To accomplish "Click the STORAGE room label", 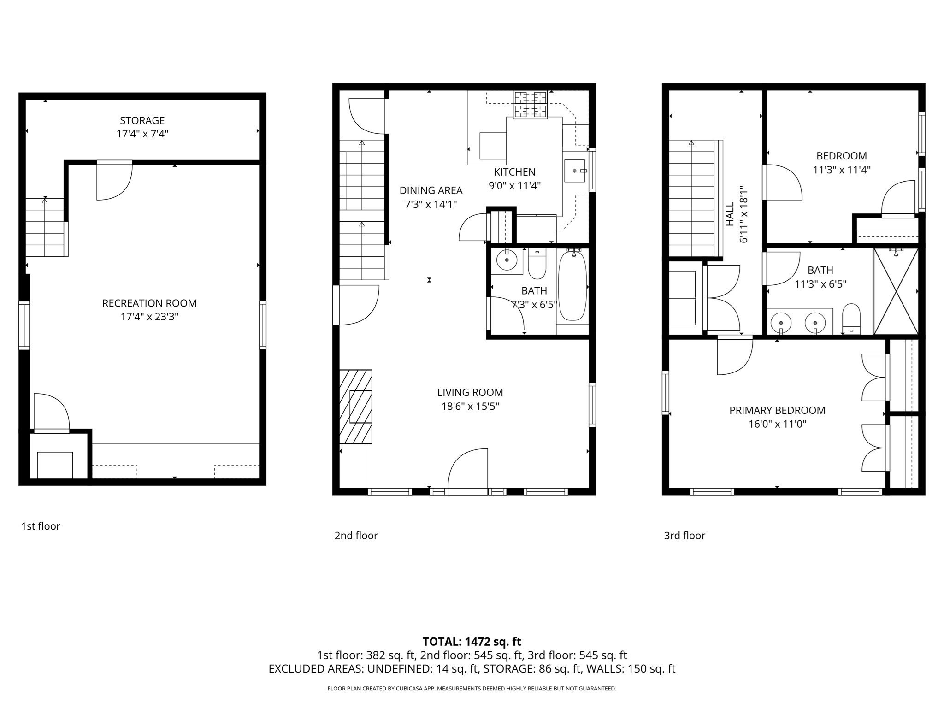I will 142,121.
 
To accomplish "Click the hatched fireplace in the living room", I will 356,407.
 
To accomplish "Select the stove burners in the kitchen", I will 531,105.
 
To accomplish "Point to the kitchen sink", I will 575,171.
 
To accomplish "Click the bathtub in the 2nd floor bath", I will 572,286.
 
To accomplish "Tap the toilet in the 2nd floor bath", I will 537,265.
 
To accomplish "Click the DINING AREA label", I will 431,190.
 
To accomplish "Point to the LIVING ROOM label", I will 470,392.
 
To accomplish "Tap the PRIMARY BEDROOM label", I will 777,410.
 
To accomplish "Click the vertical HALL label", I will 730,214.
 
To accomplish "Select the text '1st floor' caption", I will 41,526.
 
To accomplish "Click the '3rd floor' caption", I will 684,536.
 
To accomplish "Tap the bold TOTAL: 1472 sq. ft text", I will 472,642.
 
